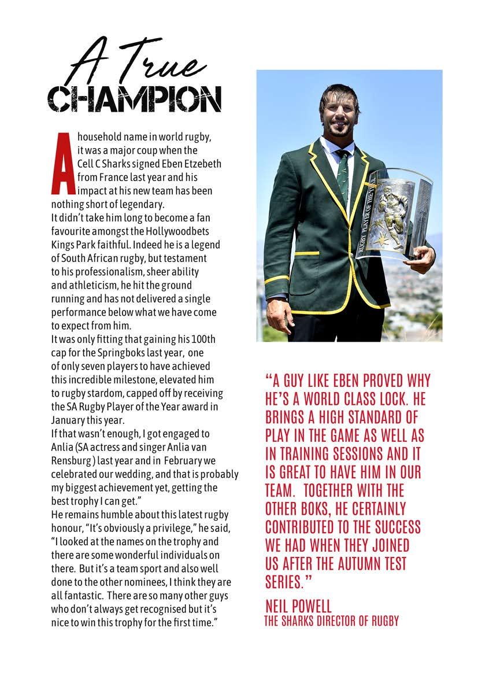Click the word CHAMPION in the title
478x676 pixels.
tap(134, 99)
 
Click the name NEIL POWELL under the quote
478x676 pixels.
tap(298, 606)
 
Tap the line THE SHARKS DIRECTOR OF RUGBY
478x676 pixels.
tap(331, 621)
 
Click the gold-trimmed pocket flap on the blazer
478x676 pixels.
tap(306, 254)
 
